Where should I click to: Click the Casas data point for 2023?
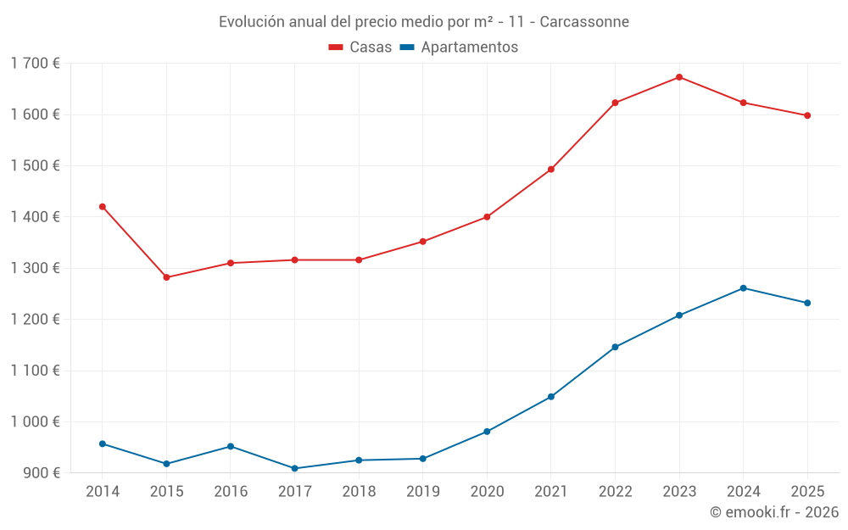point(679,77)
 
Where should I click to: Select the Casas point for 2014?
point(103,207)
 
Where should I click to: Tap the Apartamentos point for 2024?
point(744,288)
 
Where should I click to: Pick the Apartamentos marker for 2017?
point(295,468)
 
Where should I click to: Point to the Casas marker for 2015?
point(166,277)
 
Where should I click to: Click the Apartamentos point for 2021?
point(551,397)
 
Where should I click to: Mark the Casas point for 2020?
point(487,217)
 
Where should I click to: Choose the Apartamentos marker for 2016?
point(231,446)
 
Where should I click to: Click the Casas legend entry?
point(360,47)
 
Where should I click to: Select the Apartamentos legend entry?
point(459,47)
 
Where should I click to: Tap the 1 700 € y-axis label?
point(36,64)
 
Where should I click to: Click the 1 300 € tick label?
point(36,268)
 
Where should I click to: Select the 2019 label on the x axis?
point(423,492)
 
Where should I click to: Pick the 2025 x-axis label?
point(807,492)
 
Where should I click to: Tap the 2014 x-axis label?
point(103,492)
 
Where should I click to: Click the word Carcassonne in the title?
point(584,22)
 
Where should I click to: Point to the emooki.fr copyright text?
point(774,512)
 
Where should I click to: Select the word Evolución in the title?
point(252,22)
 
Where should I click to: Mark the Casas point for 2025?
point(807,115)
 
